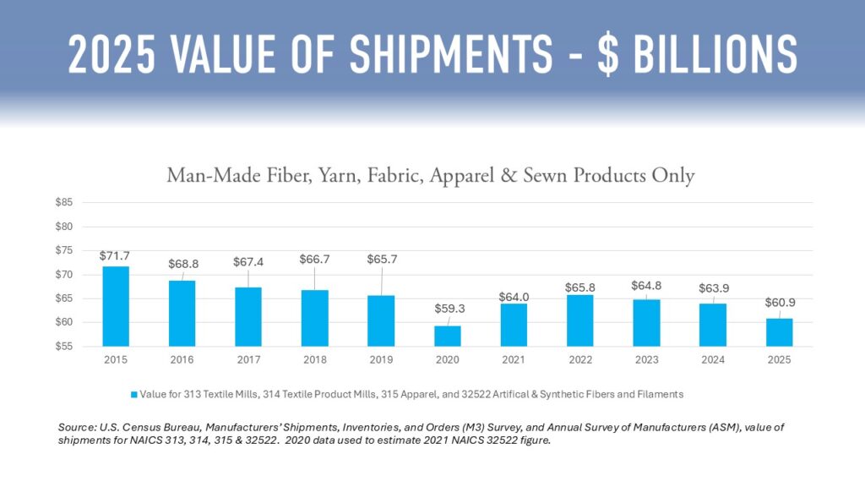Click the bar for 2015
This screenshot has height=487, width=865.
tap(116, 306)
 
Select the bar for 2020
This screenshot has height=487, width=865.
tap(448, 336)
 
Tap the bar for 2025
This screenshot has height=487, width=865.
tap(780, 332)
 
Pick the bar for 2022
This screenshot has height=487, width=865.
tap(580, 320)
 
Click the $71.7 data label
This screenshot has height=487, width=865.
tap(116, 255)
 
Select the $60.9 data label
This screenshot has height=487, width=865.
tap(780, 303)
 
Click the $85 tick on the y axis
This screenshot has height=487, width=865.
tap(65, 203)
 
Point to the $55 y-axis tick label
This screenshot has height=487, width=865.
tap(65, 347)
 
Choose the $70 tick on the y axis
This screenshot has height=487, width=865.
tap(65, 275)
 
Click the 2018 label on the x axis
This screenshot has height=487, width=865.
tap(314, 359)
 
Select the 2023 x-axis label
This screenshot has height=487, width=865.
tap(646, 359)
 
